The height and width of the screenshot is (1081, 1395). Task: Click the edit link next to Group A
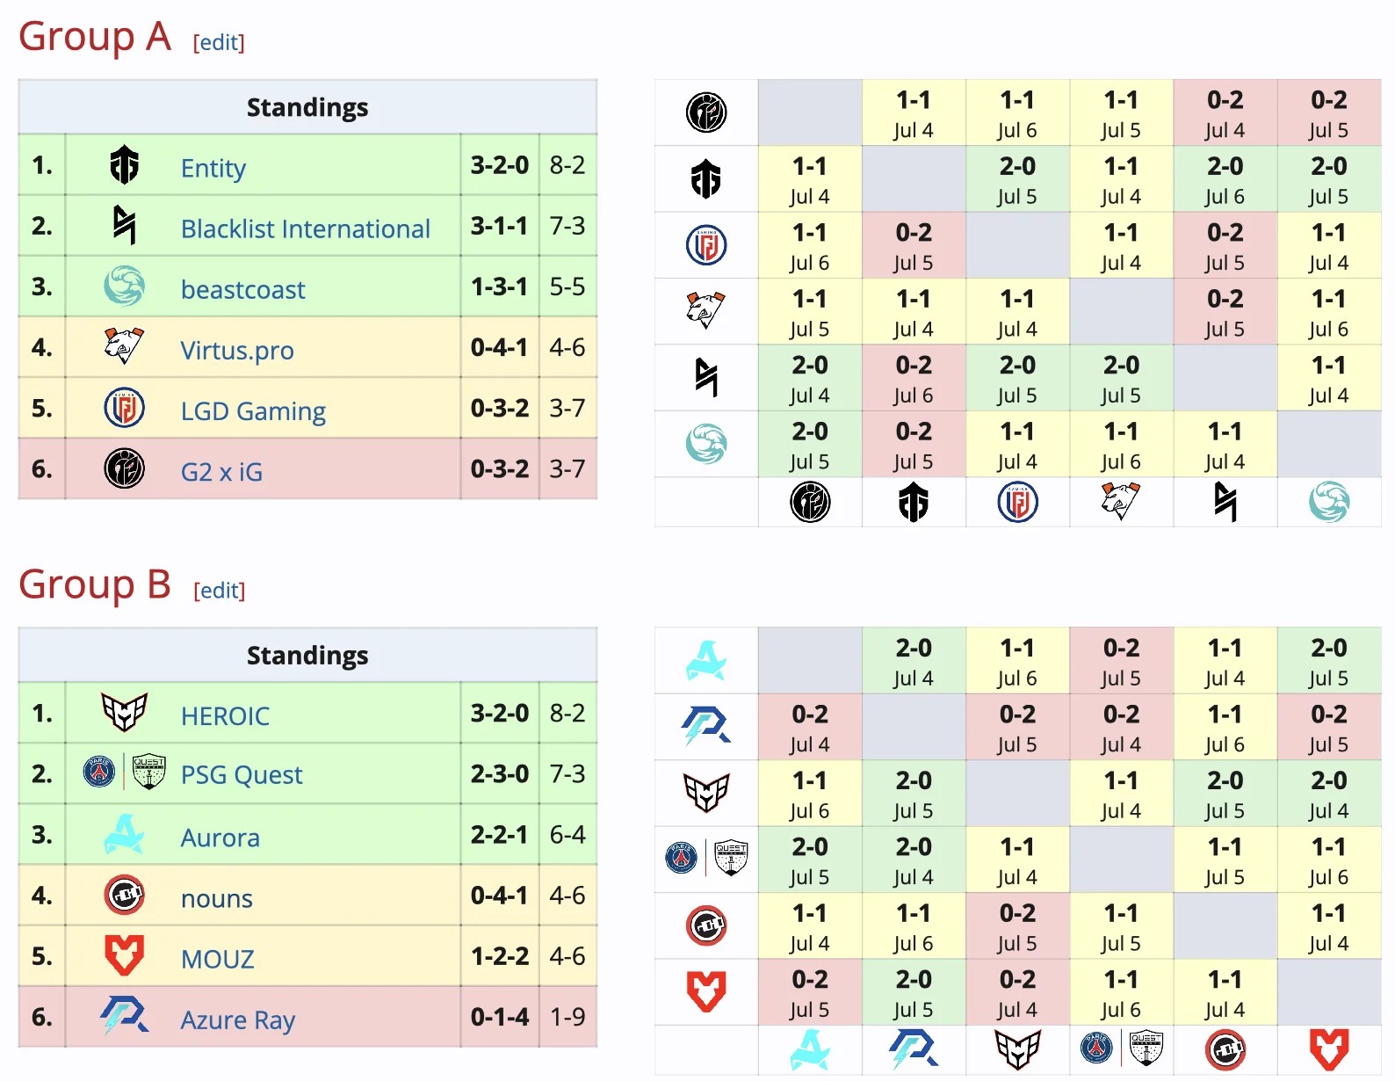coord(219,42)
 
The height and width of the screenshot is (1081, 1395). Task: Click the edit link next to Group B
coord(219,591)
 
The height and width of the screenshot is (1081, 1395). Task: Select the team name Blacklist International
coord(305,229)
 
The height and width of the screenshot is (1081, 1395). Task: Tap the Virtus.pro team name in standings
coord(237,350)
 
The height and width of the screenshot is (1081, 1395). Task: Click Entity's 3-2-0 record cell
coord(499,165)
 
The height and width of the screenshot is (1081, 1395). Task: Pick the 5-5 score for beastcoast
coord(567,287)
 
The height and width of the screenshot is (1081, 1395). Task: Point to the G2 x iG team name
coord(221,472)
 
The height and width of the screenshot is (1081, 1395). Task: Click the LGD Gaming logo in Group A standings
coord(124,409)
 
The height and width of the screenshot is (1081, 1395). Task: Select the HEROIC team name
coord(225,716)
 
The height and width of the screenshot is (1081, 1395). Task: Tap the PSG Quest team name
coord(241,774)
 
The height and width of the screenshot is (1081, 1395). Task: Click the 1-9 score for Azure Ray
coord(567,1017)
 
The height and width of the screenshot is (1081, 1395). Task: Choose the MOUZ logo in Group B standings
coord(124,955)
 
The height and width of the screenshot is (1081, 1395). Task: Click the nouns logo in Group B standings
coord(124,896)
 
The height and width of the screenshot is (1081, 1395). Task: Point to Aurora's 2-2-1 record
coord(499,834)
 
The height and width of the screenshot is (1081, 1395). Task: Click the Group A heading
coord(94,37)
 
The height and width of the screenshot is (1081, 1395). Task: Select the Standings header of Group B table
coord(307,656)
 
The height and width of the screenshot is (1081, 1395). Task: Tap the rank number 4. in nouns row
coord(41,896)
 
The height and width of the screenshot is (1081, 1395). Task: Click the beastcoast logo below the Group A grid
coord(1328,503)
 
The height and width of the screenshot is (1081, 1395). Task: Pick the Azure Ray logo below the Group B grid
coord(913,1049)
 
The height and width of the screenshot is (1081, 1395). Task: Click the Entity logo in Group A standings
coord(124,165)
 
